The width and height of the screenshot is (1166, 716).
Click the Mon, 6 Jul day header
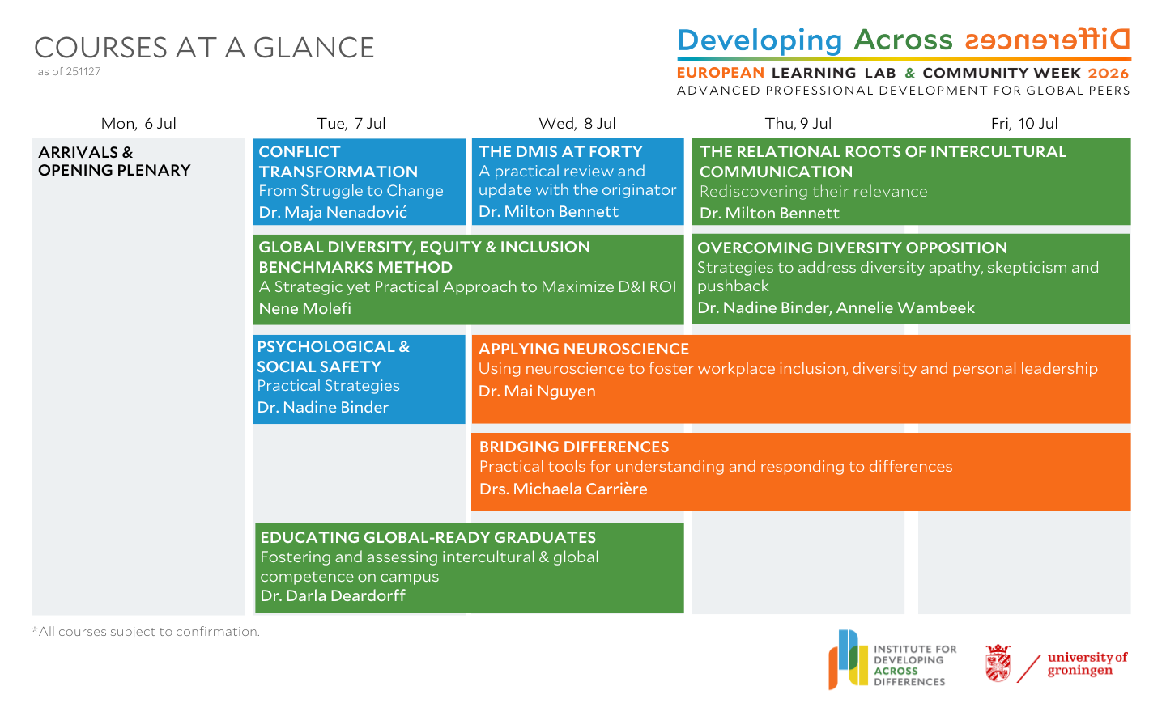pos(138,124)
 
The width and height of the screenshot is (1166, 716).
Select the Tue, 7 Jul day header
pos(351,124)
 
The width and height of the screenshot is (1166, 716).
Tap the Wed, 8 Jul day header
pos(577,124)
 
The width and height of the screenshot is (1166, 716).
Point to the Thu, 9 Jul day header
pos(798,124)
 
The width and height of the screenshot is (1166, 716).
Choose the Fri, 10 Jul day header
pos(1024,124)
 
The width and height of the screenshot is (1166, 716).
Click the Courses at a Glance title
pos(204,48)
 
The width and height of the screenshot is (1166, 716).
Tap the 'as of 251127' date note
pos(69,71)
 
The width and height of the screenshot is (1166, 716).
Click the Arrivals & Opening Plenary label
pos(114,161)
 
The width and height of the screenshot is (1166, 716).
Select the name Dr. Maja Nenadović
pos(333,213)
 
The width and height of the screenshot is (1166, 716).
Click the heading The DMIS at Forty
pos(560,151)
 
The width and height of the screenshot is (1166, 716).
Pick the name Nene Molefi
pos(305,308)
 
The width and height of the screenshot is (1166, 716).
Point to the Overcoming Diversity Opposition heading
pos(852,248)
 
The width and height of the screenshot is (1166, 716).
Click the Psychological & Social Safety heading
pos(333,356)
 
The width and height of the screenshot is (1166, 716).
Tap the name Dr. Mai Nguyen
pos(537,391)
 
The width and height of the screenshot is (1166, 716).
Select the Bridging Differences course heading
pos(574,447)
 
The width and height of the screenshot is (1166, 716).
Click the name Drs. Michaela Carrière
pos(563,489)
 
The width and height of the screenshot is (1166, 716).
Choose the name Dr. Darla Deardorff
pos(333,595)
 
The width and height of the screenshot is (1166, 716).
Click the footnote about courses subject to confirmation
pos(146,631)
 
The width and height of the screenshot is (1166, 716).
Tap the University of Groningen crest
pos(998,663)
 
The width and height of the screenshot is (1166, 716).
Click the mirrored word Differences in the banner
pos(1048,40)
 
